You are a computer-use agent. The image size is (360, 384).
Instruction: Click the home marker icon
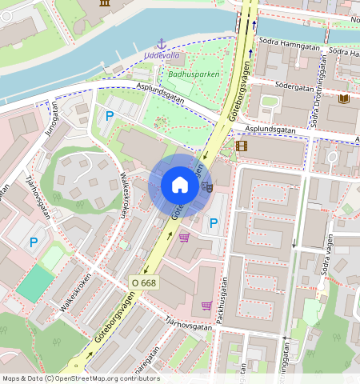180,186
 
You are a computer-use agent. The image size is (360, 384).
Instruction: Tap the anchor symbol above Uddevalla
161,43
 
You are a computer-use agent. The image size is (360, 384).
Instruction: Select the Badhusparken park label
194,74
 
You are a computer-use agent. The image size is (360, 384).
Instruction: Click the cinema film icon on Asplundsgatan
242,146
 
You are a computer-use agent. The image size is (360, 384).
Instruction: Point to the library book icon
345,98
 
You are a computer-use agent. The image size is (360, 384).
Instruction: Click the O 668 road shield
143,282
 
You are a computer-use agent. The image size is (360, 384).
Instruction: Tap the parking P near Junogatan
110,117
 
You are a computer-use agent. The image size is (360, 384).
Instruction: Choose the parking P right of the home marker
214,223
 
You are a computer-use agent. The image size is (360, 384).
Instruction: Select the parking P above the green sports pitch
34,242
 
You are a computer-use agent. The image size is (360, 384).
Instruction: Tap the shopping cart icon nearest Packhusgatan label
206,305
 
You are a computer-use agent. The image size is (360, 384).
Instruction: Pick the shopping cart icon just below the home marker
184,238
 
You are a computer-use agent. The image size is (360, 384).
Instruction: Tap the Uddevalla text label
162,56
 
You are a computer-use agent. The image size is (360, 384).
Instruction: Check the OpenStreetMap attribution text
80,378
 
